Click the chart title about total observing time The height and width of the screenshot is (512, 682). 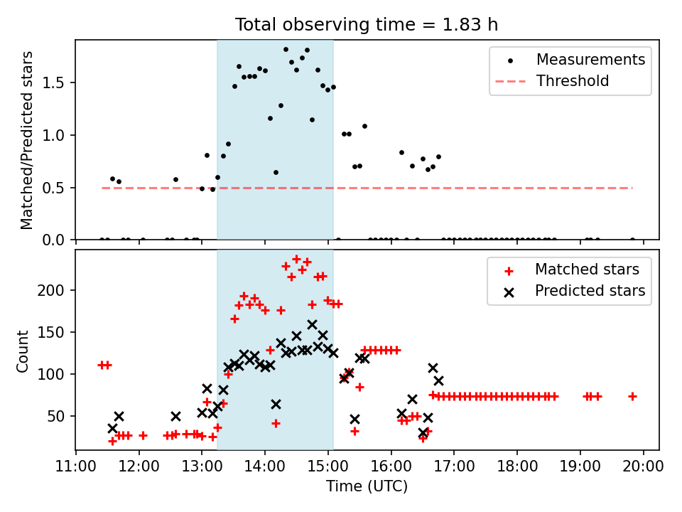point(367,24)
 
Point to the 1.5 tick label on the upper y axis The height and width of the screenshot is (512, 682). point(53,82)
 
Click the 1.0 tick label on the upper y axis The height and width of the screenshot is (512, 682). point(53,135)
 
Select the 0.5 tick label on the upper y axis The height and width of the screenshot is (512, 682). point(53,188)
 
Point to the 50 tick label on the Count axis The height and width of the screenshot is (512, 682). point(55,416)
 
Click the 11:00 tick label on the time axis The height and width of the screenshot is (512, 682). point(76,466)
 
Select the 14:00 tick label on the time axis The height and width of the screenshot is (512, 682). point(265,466)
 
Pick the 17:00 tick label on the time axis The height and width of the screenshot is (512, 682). point(454,466)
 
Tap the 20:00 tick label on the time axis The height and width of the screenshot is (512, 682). point(644,466)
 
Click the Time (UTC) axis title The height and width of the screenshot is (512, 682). point(367,486)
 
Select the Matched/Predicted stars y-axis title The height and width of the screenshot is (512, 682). point(26,140)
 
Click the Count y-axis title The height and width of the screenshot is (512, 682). point(22,351)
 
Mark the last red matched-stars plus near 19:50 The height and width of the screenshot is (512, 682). point(632,397)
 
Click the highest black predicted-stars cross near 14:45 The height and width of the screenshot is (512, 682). point(312,325)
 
